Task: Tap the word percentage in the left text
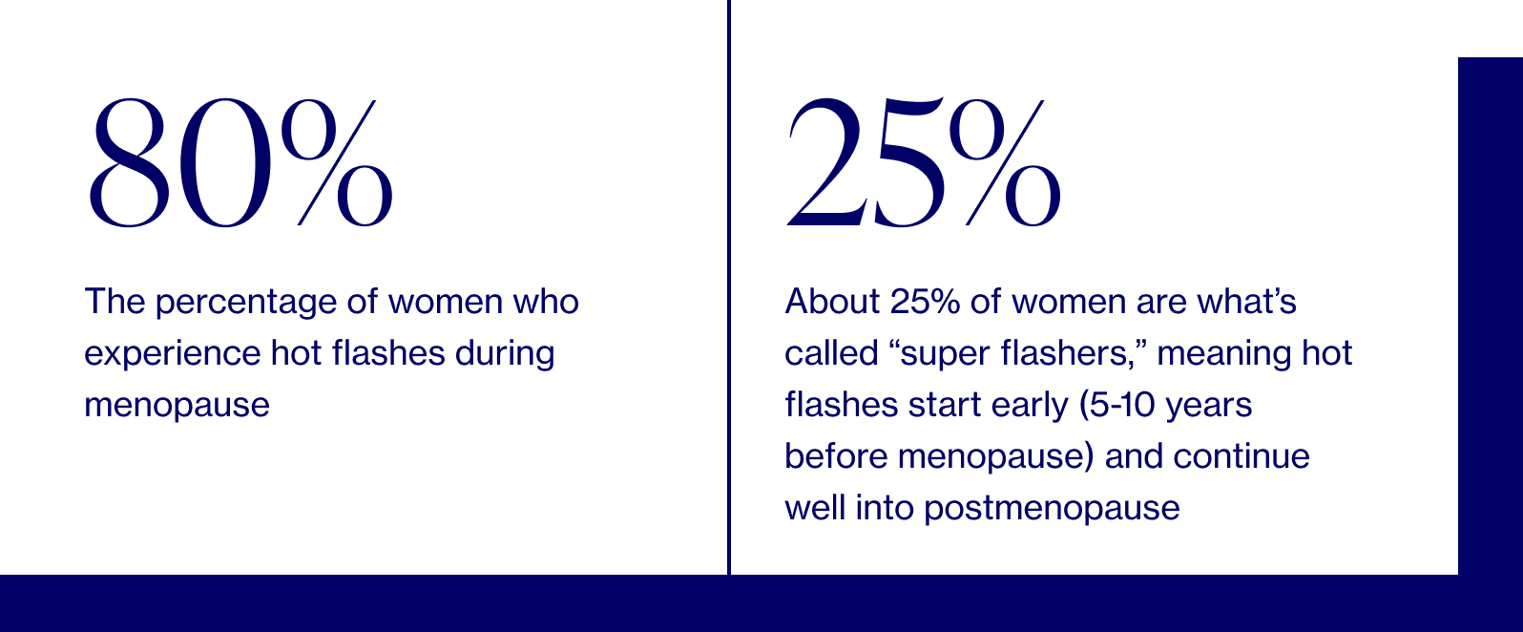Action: pos(247,303)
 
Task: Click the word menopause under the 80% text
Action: pos(177,406)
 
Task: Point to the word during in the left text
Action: pos(505,353)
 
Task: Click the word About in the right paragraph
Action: pos(832,302)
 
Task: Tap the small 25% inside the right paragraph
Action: pos(924,302)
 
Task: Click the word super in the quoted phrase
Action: pos(947,354)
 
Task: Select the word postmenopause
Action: pos(1052,508)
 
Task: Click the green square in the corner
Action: pos(1490,28)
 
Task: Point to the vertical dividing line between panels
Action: pos(729,286)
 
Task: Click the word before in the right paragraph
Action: pos(836,456)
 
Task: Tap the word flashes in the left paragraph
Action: pos(387,353)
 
